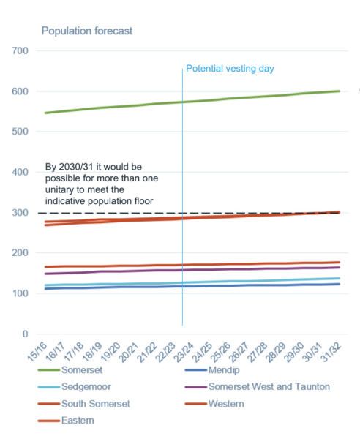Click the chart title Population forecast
pyautogui.click(x=87, y=31)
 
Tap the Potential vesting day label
pyautogui.click(x=230, y=69)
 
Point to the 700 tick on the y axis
pyautogui.click(x=20, y=50)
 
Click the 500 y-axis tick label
pyautogui.click(x=20, y=131)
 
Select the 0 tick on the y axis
pyautogui.click(x=26, y=334)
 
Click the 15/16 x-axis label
pyautogui.click(x=37, y=352)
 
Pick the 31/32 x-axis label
pyautogui.click(x=331, y=352)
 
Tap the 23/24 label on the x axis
pyautogui.click(x=184, y=352)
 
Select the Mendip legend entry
pyautogui.click(x=212, y=370)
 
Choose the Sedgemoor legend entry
pyautogui.click(x=75, y=386)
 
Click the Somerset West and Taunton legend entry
pyautogui.click(x=258, y=386)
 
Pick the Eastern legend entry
pyautogui.click(x=66, y=420)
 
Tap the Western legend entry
pyautogui.click(x=214, y=404)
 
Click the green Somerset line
pyautogui.click(x=192, y=102)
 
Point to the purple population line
pyautogui.click(x=192, y=270)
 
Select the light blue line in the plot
pyautogui.click(x=192, y=282)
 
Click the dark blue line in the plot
pyautogui.click(x=192, y=286)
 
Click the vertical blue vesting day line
pyautogui.click(x=182, y=197)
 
